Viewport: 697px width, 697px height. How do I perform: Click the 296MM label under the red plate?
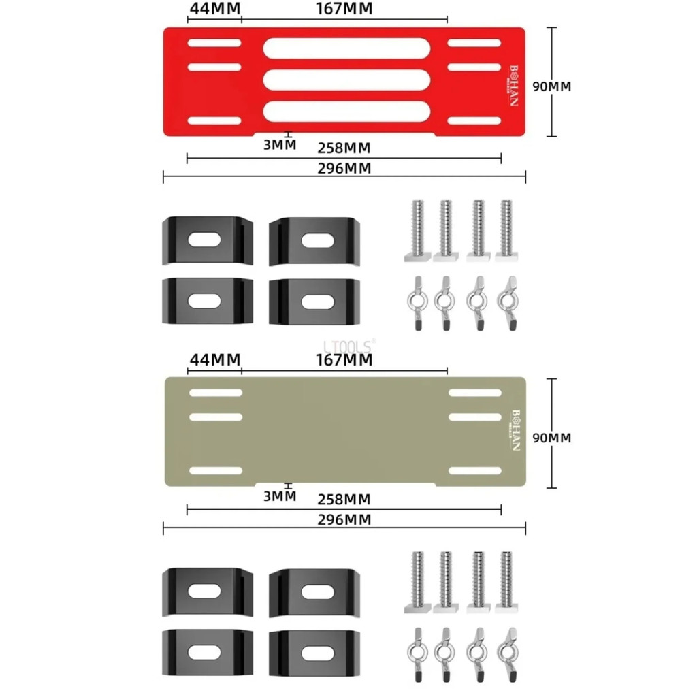click(x=344, y=169)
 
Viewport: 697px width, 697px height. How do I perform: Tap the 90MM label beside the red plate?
click(x=552, y=86)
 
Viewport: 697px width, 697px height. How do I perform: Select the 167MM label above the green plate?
click(x=344, y=359)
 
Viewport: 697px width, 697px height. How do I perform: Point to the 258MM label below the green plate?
click(x=344, y=500)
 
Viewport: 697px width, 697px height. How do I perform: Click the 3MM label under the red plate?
click(x=280, y=144)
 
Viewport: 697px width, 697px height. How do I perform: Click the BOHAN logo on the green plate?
click(x=515, y=430)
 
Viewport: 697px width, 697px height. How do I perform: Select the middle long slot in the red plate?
click(x=346, y=80)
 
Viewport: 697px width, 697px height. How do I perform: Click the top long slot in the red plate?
click(x=346, y=48)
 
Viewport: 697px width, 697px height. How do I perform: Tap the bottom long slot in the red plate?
click(x=346, y=111)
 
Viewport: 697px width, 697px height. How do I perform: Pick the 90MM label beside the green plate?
click(x=552, y=438)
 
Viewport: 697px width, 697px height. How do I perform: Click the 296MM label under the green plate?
click(x=344, y=520)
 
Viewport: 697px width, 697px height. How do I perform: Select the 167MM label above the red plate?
click(x=344, y=9)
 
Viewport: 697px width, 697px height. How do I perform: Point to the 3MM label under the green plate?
click(x=280, y=496)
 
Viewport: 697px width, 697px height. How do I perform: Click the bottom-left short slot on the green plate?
click(x=216, y=470)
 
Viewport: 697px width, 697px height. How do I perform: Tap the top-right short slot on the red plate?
click(x=474, y=43)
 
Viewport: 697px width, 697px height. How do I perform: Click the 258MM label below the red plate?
click(x=344, y=148)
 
